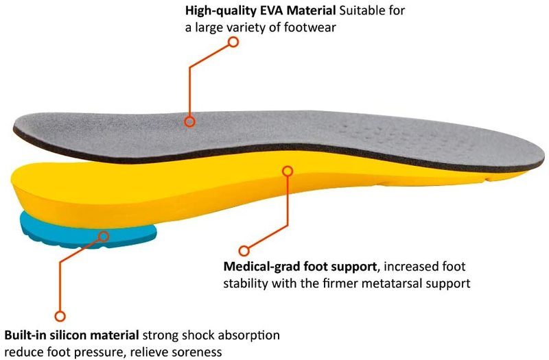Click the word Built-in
(x=25, y=336)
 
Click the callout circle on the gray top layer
(x=190, y=121)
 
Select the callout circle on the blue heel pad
(x=104, y=237)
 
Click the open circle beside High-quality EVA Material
(x=233, y=42)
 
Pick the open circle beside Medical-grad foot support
(x=243, y=251)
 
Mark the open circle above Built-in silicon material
(x=60, y=316)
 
